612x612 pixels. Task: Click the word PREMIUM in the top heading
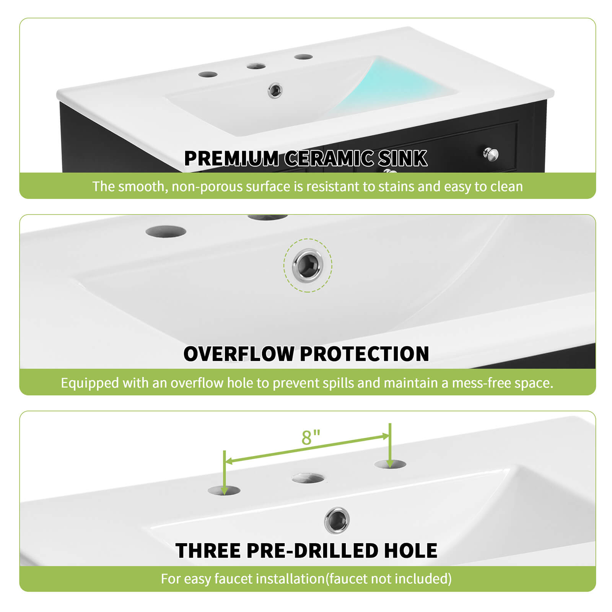coord(231,158)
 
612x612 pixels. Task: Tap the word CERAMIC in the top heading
coord(329,158)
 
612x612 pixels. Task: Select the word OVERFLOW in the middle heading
coord(239,354)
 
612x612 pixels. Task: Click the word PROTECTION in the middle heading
coord(365,354)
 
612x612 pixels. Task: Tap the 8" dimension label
coord(311,438)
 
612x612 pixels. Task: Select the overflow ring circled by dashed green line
coord(308,265)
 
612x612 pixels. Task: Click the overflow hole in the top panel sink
coord(275,91)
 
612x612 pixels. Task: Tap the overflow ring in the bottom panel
coord(337,520)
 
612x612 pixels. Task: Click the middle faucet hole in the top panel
coord(256,66)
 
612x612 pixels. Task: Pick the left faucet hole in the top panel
coord(208,74)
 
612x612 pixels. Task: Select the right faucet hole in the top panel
coord(304,57)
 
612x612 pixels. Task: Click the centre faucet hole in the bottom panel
coord(308,478)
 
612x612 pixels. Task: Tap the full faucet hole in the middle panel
coord(166,231)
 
